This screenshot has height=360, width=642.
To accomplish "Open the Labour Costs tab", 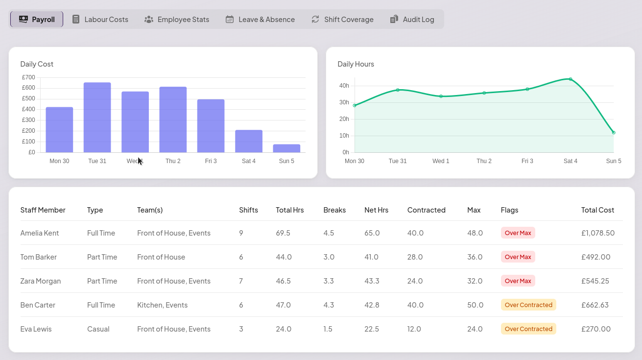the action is pos(100,20).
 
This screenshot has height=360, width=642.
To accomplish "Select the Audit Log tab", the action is pos(412,20).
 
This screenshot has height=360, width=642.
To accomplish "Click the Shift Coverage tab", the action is pos(342,20).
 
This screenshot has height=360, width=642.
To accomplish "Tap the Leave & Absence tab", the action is pos(260,20).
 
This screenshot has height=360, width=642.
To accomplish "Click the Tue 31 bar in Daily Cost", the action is pos(97,118).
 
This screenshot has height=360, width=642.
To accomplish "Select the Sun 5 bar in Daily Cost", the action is pos(286,148).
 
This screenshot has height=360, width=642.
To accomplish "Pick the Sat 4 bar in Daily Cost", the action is pos(249,141).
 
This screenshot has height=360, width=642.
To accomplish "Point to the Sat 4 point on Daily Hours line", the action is pos(571,79).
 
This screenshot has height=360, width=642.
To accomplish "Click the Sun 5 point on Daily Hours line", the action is pos(614,132).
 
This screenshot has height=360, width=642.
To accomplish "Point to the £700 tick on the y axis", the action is pos(28,77).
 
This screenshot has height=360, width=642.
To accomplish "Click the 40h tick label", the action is pos(344,86).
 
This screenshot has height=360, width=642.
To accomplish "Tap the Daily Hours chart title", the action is pos(356,64).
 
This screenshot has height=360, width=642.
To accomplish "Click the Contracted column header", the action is pos(426,210).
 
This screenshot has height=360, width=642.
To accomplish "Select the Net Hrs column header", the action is pos(376,210).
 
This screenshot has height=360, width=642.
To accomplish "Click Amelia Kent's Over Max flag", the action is pos(518,233).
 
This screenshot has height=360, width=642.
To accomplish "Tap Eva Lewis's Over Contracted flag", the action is pos(528,329).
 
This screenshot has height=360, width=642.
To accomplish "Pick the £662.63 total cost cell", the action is pos(595,305).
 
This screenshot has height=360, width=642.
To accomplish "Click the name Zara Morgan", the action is pos(41,281).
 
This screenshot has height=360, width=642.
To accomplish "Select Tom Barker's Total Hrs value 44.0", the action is pos(284,257).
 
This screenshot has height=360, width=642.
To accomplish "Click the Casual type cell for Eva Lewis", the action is pos(98,329).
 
